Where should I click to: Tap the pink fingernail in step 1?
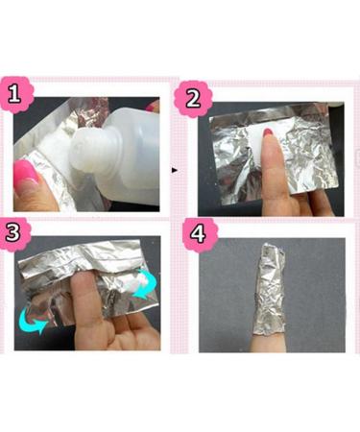pyautogui.click(x=24, y=177)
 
